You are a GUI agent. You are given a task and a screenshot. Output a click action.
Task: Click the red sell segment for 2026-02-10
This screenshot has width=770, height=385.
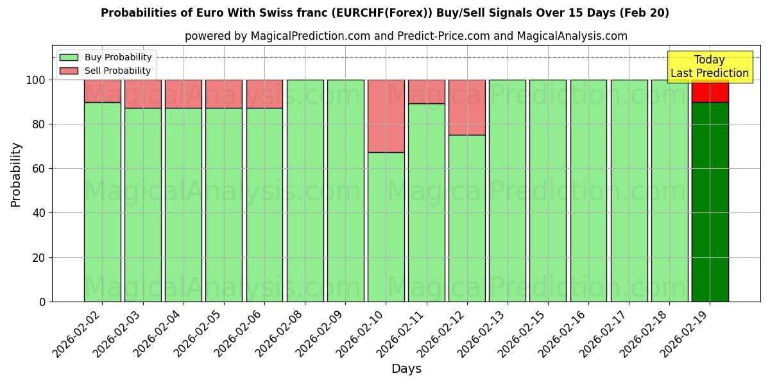[x=386, y=116]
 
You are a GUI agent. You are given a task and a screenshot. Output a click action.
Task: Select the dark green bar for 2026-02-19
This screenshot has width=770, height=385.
[x=710, y=201]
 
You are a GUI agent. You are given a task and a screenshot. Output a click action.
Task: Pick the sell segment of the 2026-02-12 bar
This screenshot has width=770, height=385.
[x=466, y=107]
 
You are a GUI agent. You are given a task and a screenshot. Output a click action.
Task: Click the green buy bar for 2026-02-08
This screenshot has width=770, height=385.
[x=305, y=191]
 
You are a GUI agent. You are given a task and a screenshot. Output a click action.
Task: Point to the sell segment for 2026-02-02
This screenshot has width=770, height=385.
[x=102, y=91]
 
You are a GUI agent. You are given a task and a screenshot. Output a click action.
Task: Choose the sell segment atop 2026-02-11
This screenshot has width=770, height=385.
[x=426, y=92]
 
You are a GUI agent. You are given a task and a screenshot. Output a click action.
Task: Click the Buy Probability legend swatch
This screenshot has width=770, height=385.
[x=69, y=57]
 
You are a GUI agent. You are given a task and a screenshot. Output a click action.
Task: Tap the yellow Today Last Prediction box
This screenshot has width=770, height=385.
[x=709, y=67]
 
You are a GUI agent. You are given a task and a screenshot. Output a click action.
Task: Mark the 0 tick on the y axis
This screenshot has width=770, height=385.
[x=42, y=302]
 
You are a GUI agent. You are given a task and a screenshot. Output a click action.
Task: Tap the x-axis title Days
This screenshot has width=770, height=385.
[x=406, y=369]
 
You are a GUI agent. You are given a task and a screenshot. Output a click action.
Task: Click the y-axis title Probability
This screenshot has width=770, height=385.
[x=16, y=174]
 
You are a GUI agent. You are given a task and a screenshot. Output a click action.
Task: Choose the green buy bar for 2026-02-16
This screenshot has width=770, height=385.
[x=588, y=191]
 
